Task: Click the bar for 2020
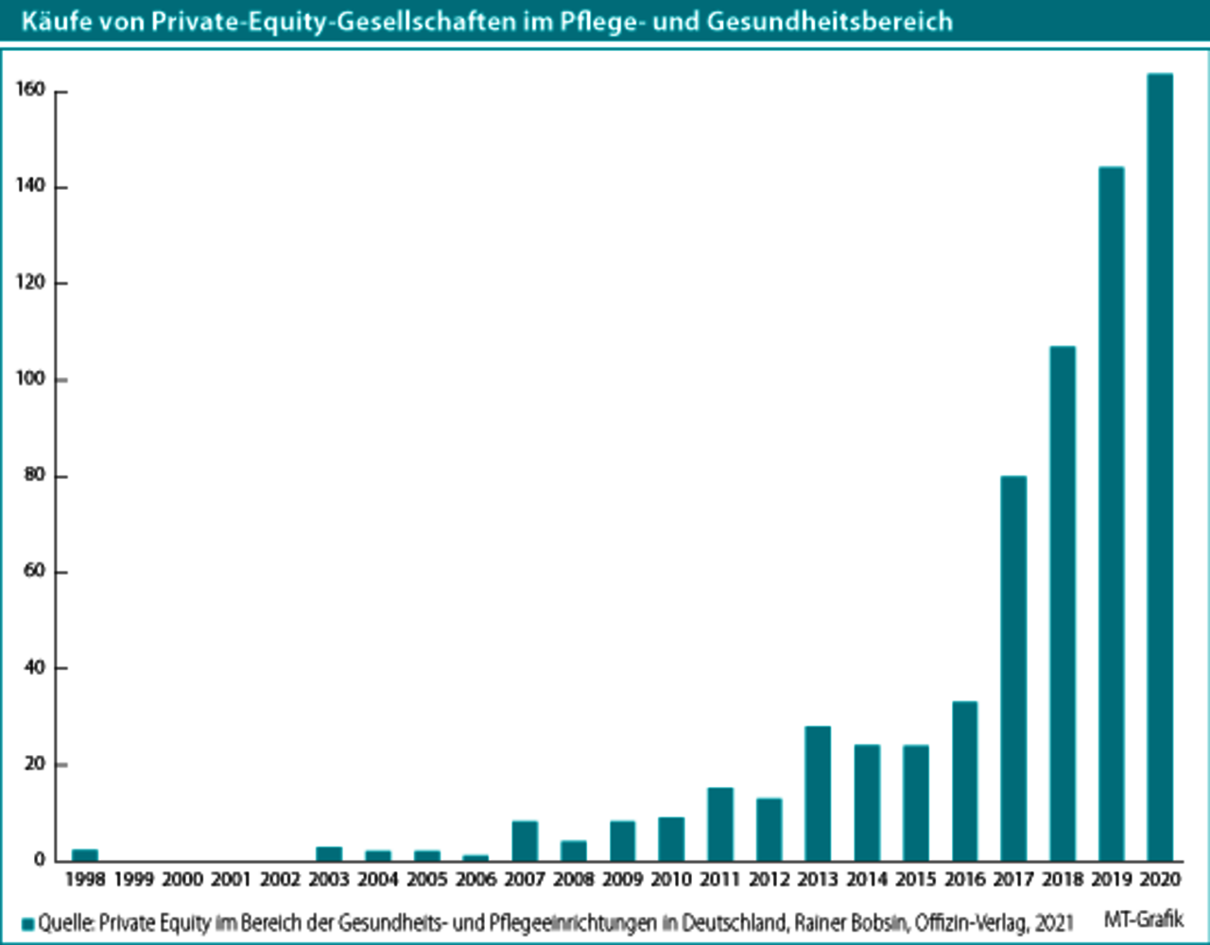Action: (1160, 467)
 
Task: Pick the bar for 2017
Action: (1013, 668)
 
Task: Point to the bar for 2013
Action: (818, 793)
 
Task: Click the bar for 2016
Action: (964, 781)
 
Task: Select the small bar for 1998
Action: (85, 854)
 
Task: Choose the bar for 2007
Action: (525, 840)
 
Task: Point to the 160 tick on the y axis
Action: (31, 90)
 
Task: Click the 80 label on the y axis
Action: (35, 475)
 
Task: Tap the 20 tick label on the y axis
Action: (35, 764)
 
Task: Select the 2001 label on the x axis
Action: (232, 880)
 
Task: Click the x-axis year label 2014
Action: (867, 880)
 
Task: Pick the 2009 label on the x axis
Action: (622, 880)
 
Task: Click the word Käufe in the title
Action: (52, 21)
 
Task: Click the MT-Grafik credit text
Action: (1143, 919)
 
